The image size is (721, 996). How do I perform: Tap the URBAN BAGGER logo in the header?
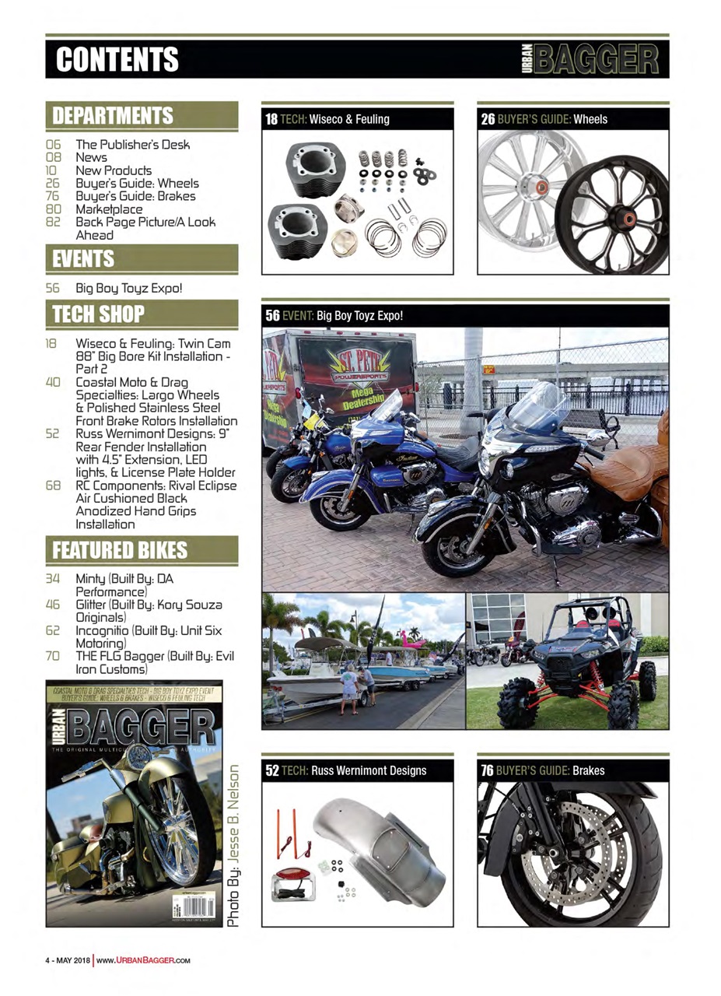pos(592,58)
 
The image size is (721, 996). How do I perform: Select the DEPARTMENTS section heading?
pos(113,115)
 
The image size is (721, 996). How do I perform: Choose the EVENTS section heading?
pos(83,258)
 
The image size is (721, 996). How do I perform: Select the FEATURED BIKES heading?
pos(120,550)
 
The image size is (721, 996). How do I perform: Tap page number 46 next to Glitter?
pos(53,606)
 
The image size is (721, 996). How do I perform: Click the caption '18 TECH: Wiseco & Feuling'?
pos(327,120)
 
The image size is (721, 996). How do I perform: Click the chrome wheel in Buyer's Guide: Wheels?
pos(521,191)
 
